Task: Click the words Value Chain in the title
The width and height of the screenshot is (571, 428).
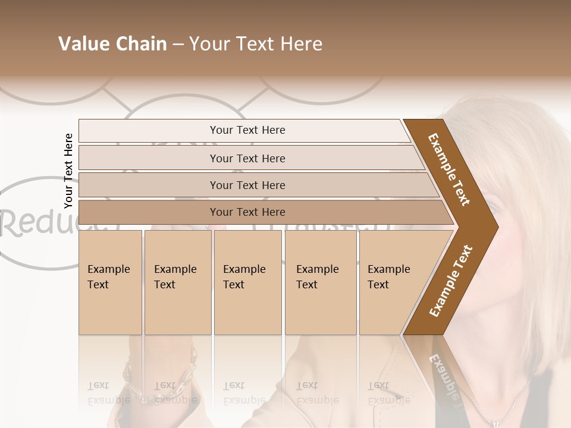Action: [112, 44]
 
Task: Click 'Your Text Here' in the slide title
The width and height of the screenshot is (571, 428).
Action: [256, 44]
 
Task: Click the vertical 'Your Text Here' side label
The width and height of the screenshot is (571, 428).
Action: [68, 171]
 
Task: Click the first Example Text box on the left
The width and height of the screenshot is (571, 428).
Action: [110, 282]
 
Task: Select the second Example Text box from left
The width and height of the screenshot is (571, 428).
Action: [177, 282]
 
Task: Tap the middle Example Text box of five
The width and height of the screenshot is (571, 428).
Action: [247, 282]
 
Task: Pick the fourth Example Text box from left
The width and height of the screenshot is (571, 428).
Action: [321, 282]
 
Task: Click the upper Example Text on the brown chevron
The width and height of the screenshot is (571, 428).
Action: [449, 169]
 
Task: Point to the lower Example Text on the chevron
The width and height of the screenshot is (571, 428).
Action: [451, 281]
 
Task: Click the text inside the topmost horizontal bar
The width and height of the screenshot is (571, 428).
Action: [247, 130]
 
